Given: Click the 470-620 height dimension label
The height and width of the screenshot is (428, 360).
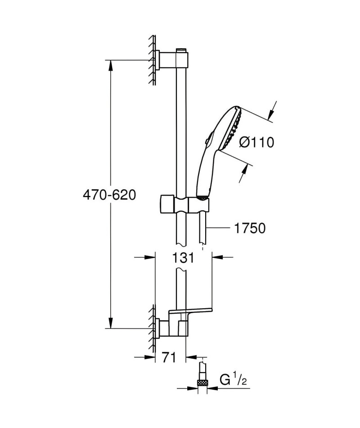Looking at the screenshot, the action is (x=109, y=195).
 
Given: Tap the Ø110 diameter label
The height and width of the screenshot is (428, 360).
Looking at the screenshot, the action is (x=256, y=142).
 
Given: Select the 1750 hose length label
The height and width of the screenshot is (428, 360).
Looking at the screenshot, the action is (x=250, y=228).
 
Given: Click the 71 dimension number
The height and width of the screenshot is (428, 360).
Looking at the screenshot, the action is (x=169, y=357).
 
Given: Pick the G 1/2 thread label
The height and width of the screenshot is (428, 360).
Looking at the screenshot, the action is (x=233, y=380).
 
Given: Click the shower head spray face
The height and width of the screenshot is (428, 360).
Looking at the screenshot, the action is (x=232, y=128).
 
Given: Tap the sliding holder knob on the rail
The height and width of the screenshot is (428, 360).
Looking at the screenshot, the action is (x=166, y=204).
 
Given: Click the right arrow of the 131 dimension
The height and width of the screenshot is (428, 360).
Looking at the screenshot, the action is (x=218, y=257).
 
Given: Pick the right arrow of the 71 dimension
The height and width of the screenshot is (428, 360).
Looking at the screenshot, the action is (x=191, y=357).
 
